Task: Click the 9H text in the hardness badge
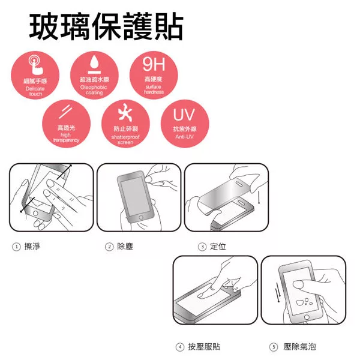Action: click(154, 64)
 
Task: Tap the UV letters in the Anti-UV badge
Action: click(184, 114)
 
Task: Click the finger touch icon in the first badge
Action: click(35, 65)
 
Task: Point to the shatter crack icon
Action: click(125, 112)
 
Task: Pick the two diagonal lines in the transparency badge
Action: click(65, 112)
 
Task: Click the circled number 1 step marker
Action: click(16, 247)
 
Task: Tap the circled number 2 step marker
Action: click(109, 247)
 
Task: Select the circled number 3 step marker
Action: click(202, 247)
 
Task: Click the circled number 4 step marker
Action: click(180, 347)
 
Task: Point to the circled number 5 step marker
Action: click(274, 347)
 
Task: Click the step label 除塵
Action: click(125, 247)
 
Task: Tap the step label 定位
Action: click(218, 247)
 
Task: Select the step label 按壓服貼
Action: click(204, 347)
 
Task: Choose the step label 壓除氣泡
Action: click(299, 347)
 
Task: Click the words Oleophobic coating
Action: click(94, 90)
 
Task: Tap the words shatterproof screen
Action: click(125, 140)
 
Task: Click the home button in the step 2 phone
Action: click(141, 217)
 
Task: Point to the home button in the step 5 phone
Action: click(307, 317)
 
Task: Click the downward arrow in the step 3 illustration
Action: click(259, 197)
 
